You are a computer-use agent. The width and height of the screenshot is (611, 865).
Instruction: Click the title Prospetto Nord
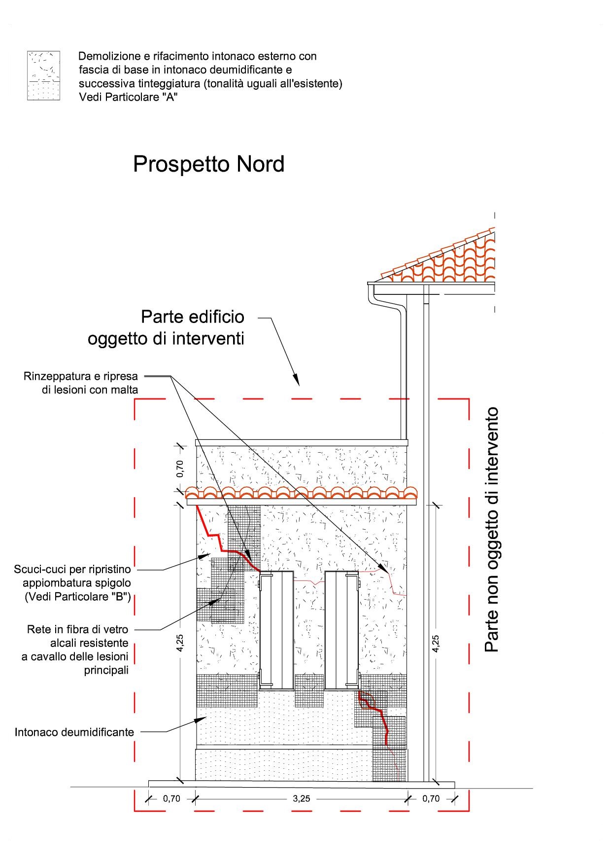pos(209,164)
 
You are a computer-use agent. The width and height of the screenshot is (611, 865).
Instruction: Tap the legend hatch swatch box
pos(43,75)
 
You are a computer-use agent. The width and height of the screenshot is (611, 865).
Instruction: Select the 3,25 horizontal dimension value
pos(301,798)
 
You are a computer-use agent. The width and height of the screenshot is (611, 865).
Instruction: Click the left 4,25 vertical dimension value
pos(180,643)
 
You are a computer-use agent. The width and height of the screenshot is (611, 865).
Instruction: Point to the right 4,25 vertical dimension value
pos(436,643)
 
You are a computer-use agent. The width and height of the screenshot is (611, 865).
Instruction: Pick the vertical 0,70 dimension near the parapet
pos(180,469)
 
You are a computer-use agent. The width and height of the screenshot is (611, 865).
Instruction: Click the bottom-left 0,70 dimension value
pos(171,798)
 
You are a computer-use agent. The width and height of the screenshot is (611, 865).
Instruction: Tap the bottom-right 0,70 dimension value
pos(431,798)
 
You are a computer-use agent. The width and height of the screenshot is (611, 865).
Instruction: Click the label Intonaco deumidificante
pos(74,732)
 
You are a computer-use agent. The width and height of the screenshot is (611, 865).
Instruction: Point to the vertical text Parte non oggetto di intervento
pos(492,530)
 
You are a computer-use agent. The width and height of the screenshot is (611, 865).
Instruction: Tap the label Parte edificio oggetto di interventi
pos(166,328)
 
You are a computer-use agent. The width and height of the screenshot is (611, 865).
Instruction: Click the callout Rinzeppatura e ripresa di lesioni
pos(81,383)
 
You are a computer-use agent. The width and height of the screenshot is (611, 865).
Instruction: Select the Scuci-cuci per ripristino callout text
pos(72,583)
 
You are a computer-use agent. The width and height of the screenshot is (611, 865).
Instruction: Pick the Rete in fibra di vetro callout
pos(75,649)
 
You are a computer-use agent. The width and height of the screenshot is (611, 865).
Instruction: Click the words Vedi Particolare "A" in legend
pos(128,97)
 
